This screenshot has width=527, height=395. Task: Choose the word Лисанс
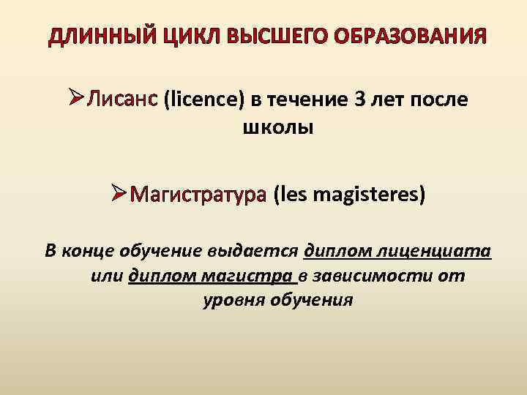[123, 100]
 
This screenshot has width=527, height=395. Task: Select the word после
[436, 100]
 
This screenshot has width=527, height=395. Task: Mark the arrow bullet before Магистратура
[120, 195]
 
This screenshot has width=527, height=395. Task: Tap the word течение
[302, 100]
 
